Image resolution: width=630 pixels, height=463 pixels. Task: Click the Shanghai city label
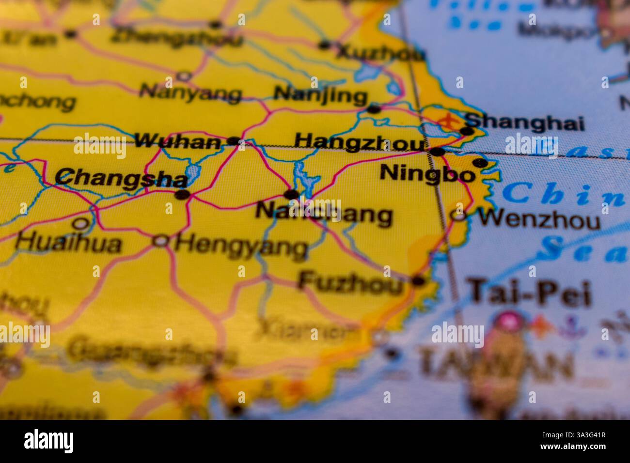point(525,123)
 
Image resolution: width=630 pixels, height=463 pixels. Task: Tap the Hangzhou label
point(359,142)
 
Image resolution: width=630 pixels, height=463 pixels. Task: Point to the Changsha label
point(121,178)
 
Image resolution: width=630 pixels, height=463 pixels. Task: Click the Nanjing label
point(320,94)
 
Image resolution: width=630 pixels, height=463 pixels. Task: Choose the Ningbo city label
point(426,173)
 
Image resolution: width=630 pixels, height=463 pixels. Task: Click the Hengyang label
point(241,247)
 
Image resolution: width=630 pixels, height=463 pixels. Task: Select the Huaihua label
point(68,244)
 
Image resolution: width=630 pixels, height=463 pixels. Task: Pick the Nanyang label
point(190,93)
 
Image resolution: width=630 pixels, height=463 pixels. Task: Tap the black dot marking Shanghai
point(467,131)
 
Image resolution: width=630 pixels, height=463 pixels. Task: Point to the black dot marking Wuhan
point(234,141)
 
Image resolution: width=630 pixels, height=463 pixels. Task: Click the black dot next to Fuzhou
point(417,280)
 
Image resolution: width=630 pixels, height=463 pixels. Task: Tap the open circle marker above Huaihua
point(81,224)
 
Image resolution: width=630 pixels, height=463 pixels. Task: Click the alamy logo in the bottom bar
point(49,441)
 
